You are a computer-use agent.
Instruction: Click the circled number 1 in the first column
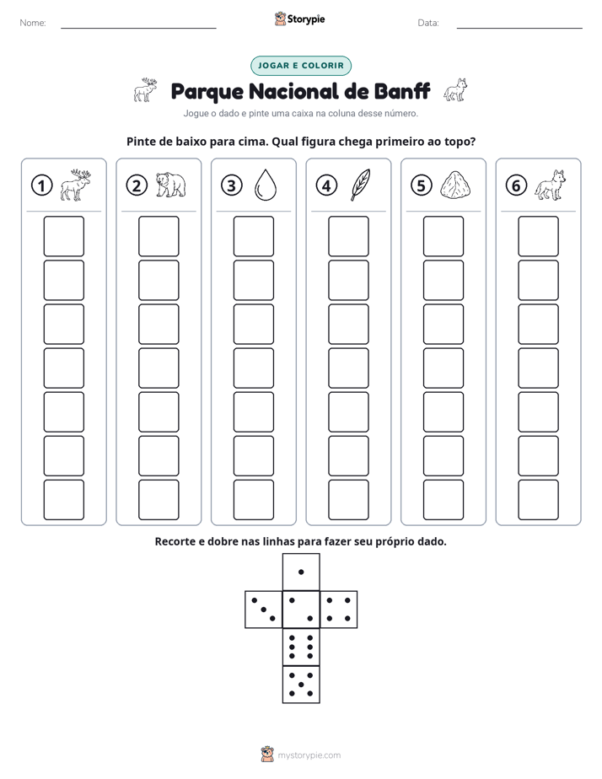[x=41, y=185]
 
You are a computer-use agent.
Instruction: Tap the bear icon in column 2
[x=170, y=185]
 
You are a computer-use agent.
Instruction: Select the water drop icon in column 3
[x=266, y=185]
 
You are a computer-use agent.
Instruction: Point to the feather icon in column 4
[x=360, y=185]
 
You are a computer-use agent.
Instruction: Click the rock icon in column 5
[x=455, y=185]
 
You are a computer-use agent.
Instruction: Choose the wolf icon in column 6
[x=551, y=185]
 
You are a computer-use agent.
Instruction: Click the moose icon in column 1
[x=76, y=185]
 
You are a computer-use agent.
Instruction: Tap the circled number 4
[x=326, y=185]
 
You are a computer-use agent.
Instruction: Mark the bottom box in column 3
[x=253, y=500]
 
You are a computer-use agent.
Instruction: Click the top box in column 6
[x=538, y=236]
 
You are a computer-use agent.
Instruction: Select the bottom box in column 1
[x=63, y=500]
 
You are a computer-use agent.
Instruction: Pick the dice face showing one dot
[x=301, y=572]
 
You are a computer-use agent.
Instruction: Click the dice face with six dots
[x=301, y=647]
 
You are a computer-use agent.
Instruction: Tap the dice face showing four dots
[x=339, y=610]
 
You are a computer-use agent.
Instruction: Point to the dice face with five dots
[x=301, y=685]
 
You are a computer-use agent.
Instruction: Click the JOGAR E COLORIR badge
[x=301, y=66]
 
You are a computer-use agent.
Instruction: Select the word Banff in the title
[x=401, y=91]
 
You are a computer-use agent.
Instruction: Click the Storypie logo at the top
[x=299, y=19]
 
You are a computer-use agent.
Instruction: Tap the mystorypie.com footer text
[x=309, y=755]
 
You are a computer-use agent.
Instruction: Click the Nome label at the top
[x=33, y=23]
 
